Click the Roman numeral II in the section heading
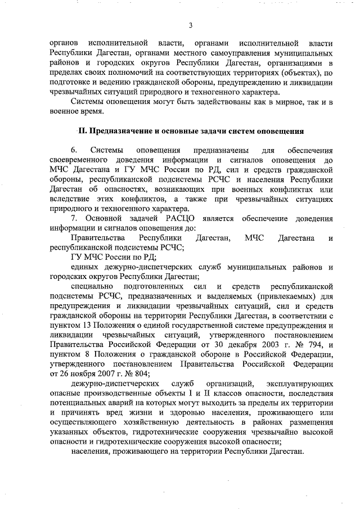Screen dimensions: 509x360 pos(83,132)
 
